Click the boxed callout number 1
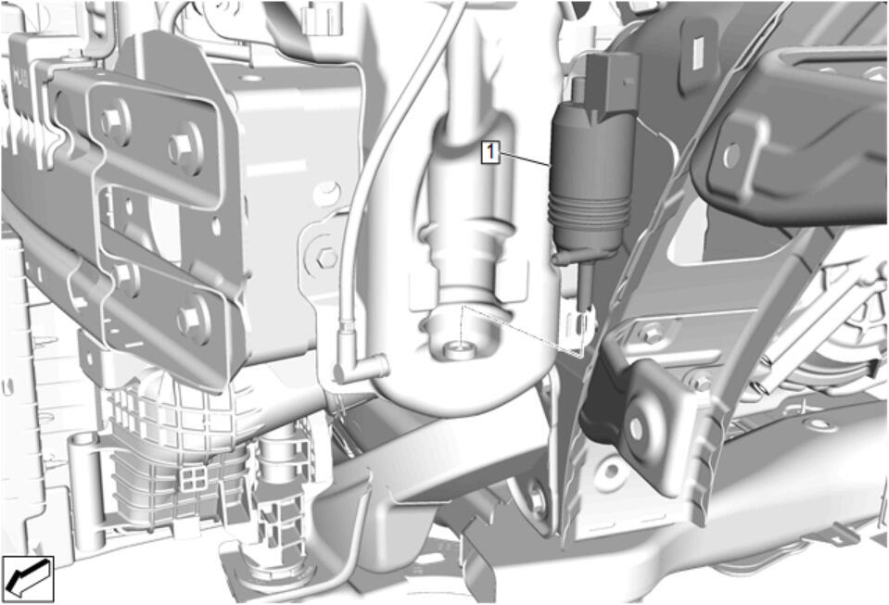(490, 152)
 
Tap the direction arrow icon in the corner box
(27, 578)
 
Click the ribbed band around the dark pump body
(590, 208)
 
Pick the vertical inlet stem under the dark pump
(585, 286)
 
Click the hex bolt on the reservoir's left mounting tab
(327, 258)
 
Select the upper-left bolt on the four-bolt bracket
(111, 120)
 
